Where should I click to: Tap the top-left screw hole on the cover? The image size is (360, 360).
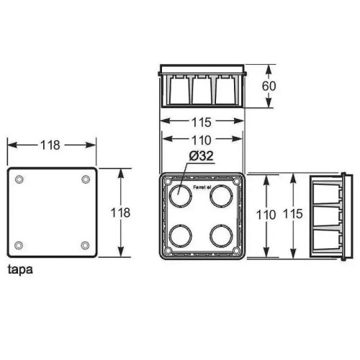(x=19, y=178)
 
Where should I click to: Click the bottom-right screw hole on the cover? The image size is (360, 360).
(x=86, y=246)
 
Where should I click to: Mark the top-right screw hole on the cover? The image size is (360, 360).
(x=86, y=178)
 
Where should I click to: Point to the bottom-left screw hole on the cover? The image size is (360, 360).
(x=19, y=246)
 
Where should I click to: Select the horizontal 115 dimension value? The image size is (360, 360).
(x=202, y=122)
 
